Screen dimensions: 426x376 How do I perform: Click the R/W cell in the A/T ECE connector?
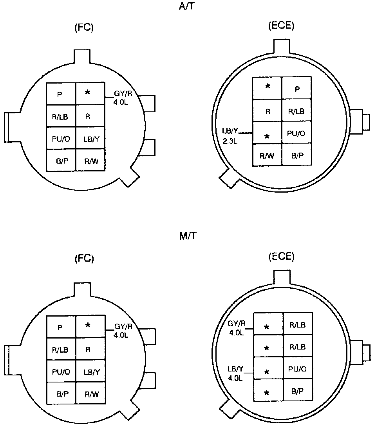click(x=267, y=155)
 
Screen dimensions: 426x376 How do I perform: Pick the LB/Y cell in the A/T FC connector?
click(x=90, y=138)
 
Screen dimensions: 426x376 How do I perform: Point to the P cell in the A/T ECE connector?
click(x=297, y=89)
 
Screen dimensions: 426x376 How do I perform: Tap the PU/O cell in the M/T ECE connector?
click(x=297, y=369)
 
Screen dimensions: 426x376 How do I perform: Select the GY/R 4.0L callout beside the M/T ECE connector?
click(x=237, y=328)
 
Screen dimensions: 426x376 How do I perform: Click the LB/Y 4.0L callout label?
click(x=236, y=373)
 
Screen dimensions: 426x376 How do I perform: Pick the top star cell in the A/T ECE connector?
click(x=268, y=86)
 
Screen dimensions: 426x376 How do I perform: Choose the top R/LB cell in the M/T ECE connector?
click(x=297, y=324)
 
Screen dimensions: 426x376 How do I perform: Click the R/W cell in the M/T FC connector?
click(x=90, y=393)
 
